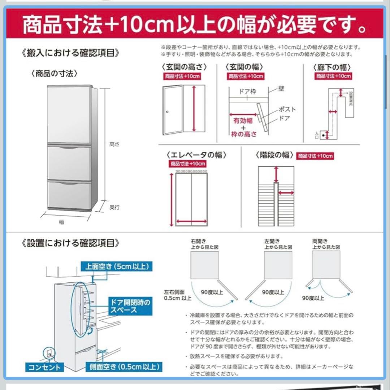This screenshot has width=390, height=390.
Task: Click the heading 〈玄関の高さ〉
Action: tap(184, 67)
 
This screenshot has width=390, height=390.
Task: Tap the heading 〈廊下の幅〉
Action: tap(332, 67)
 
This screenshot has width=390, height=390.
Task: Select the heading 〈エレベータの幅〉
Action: tap(196, 155)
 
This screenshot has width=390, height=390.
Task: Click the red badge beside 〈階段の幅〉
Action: tap(315, 156)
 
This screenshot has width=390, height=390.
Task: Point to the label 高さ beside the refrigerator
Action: tap(114, 144)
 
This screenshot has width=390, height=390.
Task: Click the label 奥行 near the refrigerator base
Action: tap(114, 208)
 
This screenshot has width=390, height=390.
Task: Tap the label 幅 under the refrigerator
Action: tap(61, 222)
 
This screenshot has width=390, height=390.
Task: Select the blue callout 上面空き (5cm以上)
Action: tap(117, 267)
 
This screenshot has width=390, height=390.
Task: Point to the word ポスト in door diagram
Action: tap(287, 109)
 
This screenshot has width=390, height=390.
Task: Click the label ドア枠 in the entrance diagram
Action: tap(248, 92)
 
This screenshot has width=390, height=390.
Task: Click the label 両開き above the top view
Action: tap(320, 241)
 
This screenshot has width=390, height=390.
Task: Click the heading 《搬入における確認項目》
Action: tap(70, 53)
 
